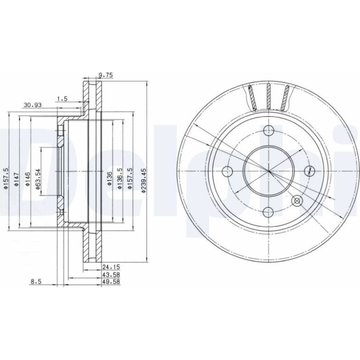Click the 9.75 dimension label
pos(106,75)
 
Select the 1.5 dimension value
pos(62,99)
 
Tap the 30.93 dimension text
pos(33,105)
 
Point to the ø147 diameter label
pos(16,180)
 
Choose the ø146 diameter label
pos(28,179)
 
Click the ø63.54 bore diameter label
pos(38,180)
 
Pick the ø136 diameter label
pos(109,179)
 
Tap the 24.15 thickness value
pos(111,267)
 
